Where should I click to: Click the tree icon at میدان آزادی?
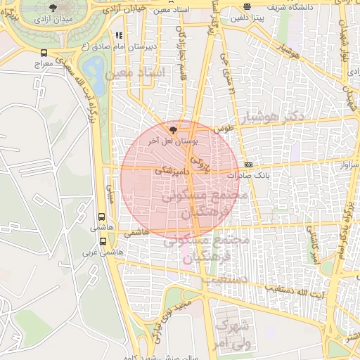tap(53, 8)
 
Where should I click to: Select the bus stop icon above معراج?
tap(44, 53)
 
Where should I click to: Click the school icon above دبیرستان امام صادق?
tap(120, 34)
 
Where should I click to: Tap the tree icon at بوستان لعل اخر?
tap(174, 129)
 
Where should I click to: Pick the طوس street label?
tap(224, 129)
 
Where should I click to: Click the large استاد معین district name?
tap(135, 72)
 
